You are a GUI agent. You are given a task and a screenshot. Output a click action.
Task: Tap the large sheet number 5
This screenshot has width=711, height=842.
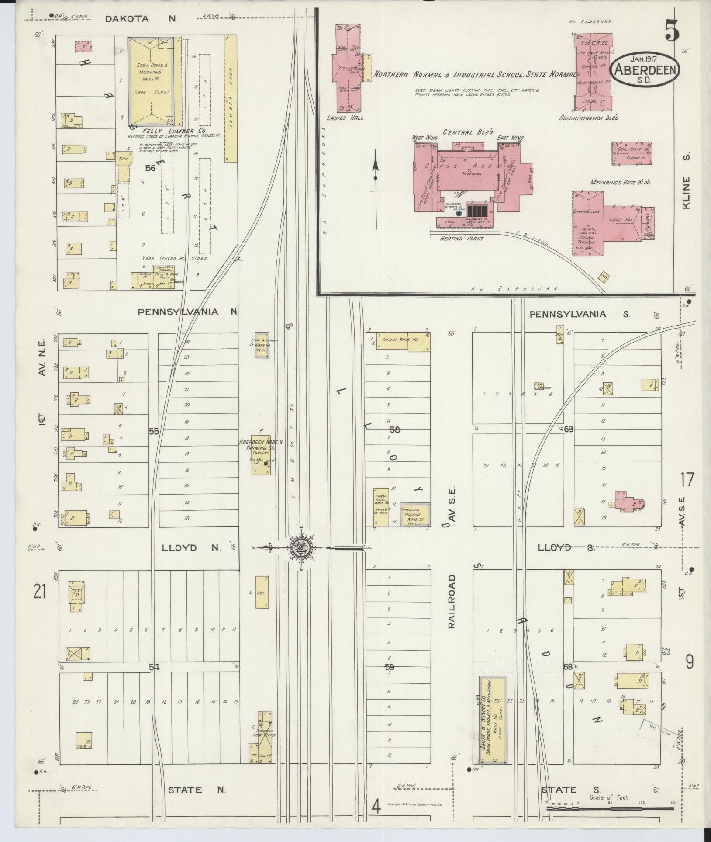pyautogui.click(x=672, y=31)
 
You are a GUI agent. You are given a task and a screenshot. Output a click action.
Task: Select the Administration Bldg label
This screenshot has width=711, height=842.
pyautogui.click(x=589, y=118)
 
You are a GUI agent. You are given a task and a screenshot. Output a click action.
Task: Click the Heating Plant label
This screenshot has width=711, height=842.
pyautogui.click(x=458, y=239)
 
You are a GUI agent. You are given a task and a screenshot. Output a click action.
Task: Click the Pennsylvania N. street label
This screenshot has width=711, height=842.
pyautogui.click(x=188, y=312)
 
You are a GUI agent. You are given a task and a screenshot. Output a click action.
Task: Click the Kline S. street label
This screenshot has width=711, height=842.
pyautogui.click(x=687, y=192)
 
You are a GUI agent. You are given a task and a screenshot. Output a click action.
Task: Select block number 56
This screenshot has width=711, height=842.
pyautogui.click(x=150, y=167)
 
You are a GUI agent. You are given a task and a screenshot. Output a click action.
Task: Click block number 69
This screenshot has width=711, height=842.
pyautogui.click(x=568, y=429)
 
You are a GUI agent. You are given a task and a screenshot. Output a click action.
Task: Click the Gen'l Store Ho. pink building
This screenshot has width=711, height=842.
pyautogui.click(x=632, y=153)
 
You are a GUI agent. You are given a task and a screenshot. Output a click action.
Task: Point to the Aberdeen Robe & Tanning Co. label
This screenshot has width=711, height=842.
pyautogui.click(x=261, y=445)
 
